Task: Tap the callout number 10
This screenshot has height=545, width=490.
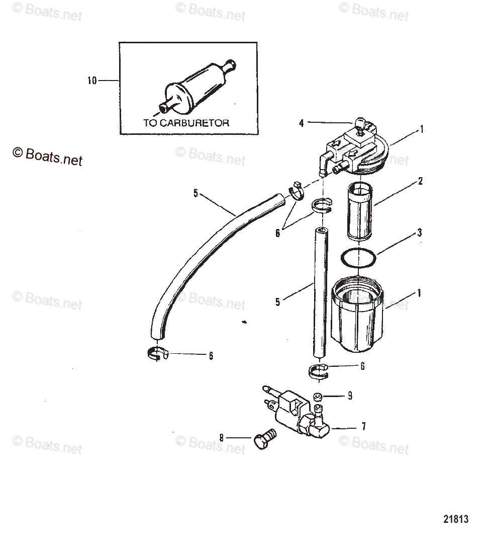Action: [92, 81]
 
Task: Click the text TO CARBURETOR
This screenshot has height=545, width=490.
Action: [186, 123]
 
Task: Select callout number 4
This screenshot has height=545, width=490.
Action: [302, 122]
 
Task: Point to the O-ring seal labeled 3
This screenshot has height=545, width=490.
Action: [358, 258]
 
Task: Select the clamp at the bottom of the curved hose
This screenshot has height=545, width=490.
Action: [158, 354]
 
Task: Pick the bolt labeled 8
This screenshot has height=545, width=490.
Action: [264, 440]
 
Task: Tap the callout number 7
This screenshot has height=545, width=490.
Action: [363, 427]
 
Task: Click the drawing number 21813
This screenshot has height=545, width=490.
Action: [456, 518]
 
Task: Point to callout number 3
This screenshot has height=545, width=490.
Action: [419, 232]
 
